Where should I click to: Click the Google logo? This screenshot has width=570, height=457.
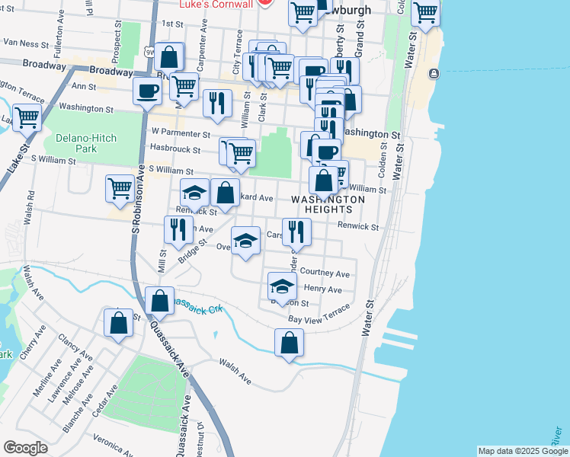25,448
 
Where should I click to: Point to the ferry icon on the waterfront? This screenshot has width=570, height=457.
434,74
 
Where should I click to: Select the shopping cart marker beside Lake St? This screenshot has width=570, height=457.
27,118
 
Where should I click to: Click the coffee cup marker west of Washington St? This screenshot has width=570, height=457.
148,91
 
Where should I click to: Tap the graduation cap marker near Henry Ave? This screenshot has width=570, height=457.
282,286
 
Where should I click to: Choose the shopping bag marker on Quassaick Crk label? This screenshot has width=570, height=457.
160,300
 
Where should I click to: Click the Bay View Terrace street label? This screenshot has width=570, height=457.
320,315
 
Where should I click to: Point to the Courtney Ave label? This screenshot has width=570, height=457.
325,273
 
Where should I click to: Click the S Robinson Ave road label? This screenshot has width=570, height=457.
137,210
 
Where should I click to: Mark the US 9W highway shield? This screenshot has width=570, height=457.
149,52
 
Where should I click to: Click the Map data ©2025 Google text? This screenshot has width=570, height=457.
522,451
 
